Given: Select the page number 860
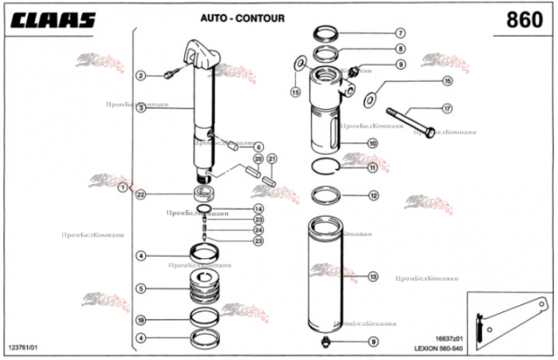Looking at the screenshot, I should (x=524, y=19).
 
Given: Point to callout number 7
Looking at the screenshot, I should (x=401, y=33).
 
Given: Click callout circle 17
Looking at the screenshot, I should (x=447, y=108).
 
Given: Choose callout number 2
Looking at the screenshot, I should (x=140, y=76).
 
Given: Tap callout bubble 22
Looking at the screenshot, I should (x=140, y=194).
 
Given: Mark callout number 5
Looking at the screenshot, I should (x=140, y=288).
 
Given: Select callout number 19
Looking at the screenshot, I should (x=140, y=320).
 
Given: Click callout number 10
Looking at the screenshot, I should (x=372, y=143).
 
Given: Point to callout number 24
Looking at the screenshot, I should (x=257, y=230).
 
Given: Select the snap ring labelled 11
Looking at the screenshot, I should (x=328, y=166).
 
